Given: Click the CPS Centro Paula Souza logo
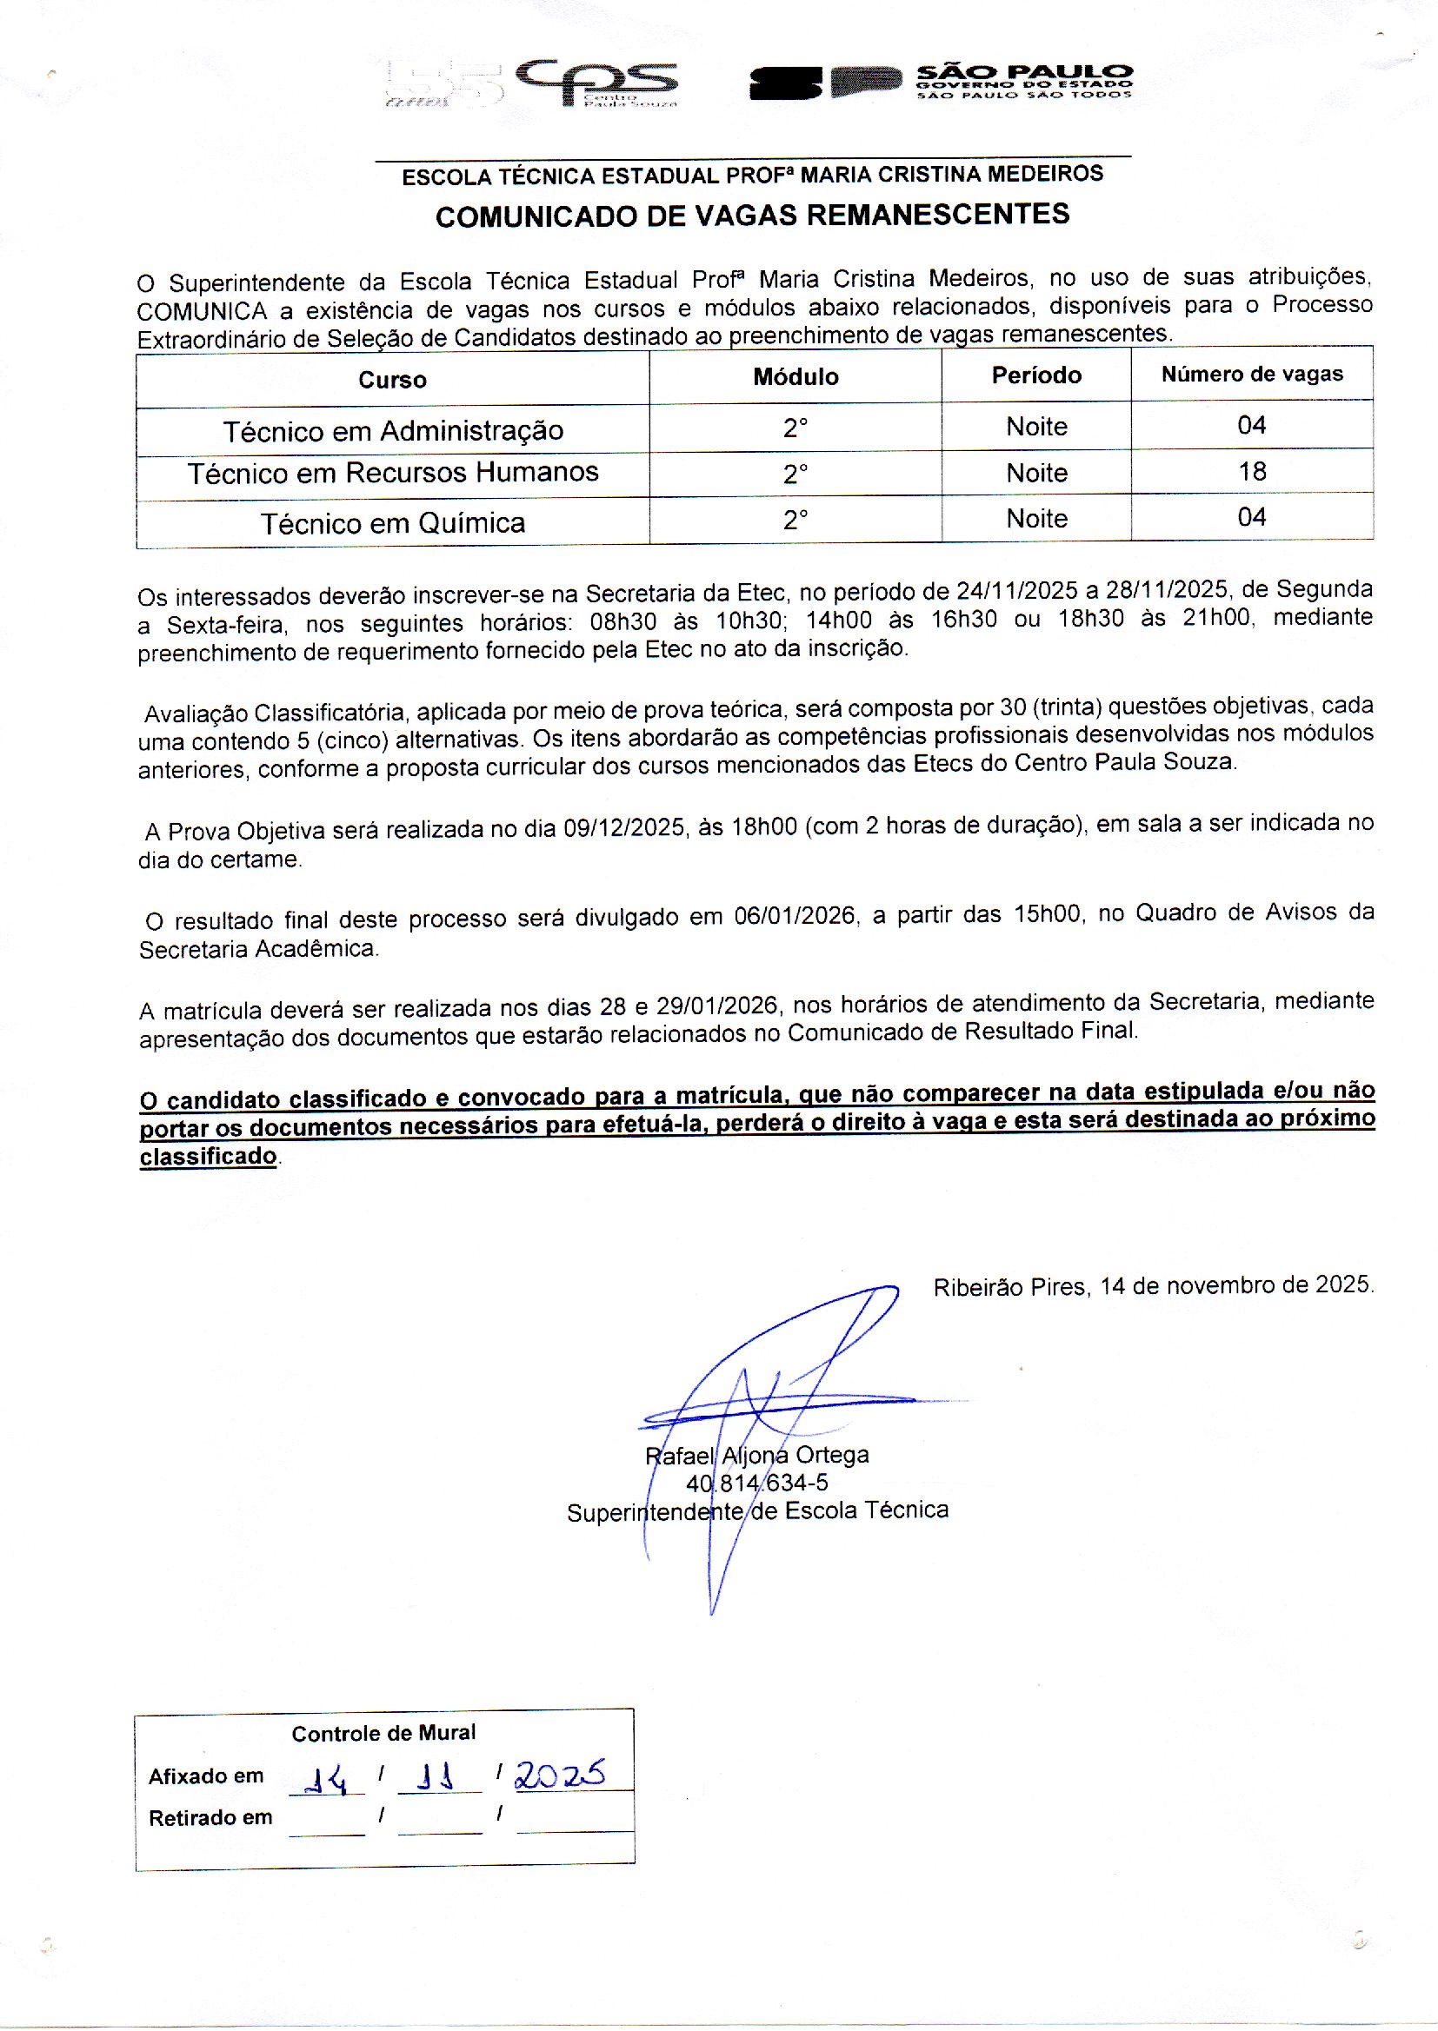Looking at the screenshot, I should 595,83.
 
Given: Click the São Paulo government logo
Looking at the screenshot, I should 941,83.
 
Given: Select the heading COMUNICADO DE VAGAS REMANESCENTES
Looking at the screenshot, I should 752,216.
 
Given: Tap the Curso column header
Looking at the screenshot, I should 392,381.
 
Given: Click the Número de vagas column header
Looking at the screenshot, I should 1251,375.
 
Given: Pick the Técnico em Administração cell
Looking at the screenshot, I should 392,431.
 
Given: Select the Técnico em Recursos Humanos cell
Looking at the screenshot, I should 392,473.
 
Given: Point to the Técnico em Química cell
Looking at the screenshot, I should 392,523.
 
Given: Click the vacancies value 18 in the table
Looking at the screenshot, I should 1251,472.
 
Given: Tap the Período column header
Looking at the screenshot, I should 1036,375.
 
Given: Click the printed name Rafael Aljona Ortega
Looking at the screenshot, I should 757,1455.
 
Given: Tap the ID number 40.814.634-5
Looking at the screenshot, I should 757,1483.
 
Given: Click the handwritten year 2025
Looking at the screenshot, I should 561,1773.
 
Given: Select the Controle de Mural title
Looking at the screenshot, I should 383,1733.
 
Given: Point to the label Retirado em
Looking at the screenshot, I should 210,1818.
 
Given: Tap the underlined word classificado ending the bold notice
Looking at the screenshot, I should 208,1156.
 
